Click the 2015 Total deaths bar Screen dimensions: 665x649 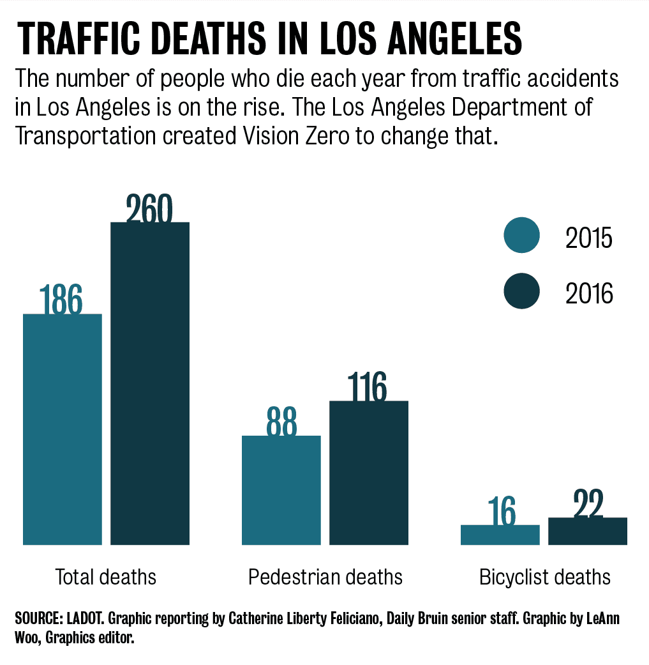coord(63,429)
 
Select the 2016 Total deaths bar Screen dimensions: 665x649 coord(150,383)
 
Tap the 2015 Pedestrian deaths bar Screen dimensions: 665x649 coord(281,490)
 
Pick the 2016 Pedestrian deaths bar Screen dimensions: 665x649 coord(368,473)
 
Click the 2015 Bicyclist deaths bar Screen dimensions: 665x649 coord(500,535)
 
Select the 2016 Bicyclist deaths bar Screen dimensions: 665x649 coord(587,531)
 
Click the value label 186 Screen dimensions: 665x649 coord(61,299)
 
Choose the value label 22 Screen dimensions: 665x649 coord(587,505)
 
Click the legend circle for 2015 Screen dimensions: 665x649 coord(521,235)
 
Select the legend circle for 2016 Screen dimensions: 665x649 coord(521,291)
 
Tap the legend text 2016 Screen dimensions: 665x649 coord(588,293)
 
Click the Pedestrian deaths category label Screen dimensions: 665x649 coord(325,577)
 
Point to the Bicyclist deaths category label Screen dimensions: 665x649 coord(544,577)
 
